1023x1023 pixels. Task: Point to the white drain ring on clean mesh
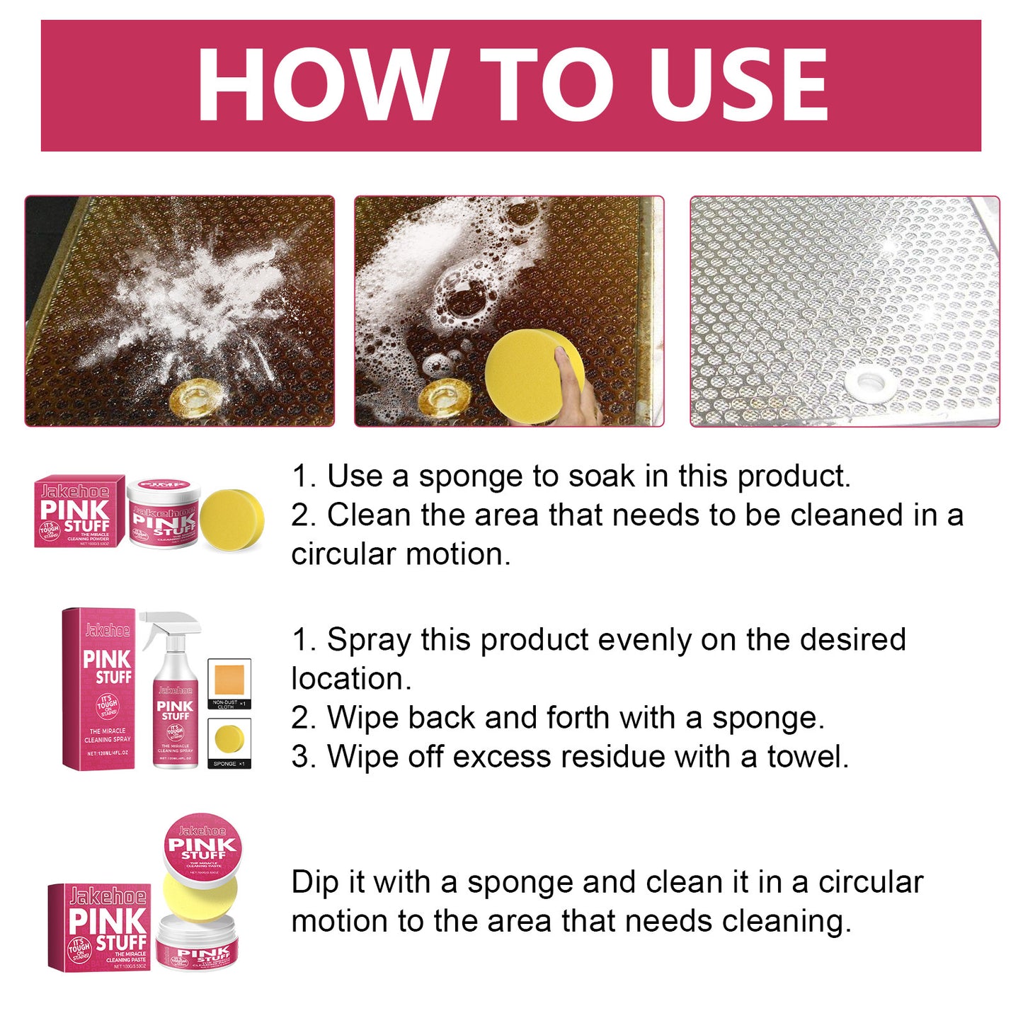(869, 382)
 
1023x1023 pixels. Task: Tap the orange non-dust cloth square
(229, 680)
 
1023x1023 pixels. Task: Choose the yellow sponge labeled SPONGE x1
(229, 739)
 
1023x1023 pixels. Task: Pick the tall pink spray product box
(98, 688)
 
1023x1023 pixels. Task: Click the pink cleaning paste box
(99, 927)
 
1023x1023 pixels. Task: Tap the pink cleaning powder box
(80, 511)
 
